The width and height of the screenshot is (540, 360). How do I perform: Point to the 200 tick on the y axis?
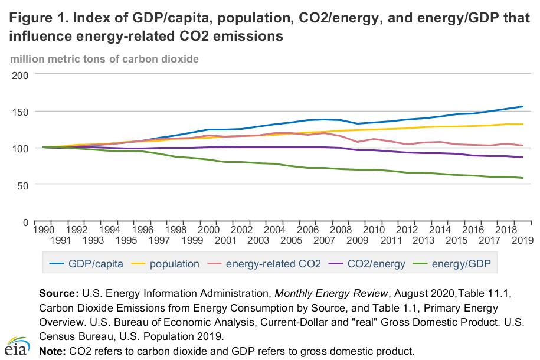click(21, 75)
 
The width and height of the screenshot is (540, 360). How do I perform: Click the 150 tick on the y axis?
click(21, 112)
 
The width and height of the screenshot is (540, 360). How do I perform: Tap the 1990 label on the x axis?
click(43, 229)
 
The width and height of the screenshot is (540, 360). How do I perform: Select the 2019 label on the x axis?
click(522, 240)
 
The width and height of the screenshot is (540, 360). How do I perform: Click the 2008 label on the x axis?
click(341, 229)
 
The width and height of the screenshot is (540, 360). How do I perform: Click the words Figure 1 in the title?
click(37, 18)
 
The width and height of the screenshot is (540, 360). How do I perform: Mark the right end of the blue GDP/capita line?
click(522, 106)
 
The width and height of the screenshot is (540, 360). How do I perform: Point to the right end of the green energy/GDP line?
click(522, 178)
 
